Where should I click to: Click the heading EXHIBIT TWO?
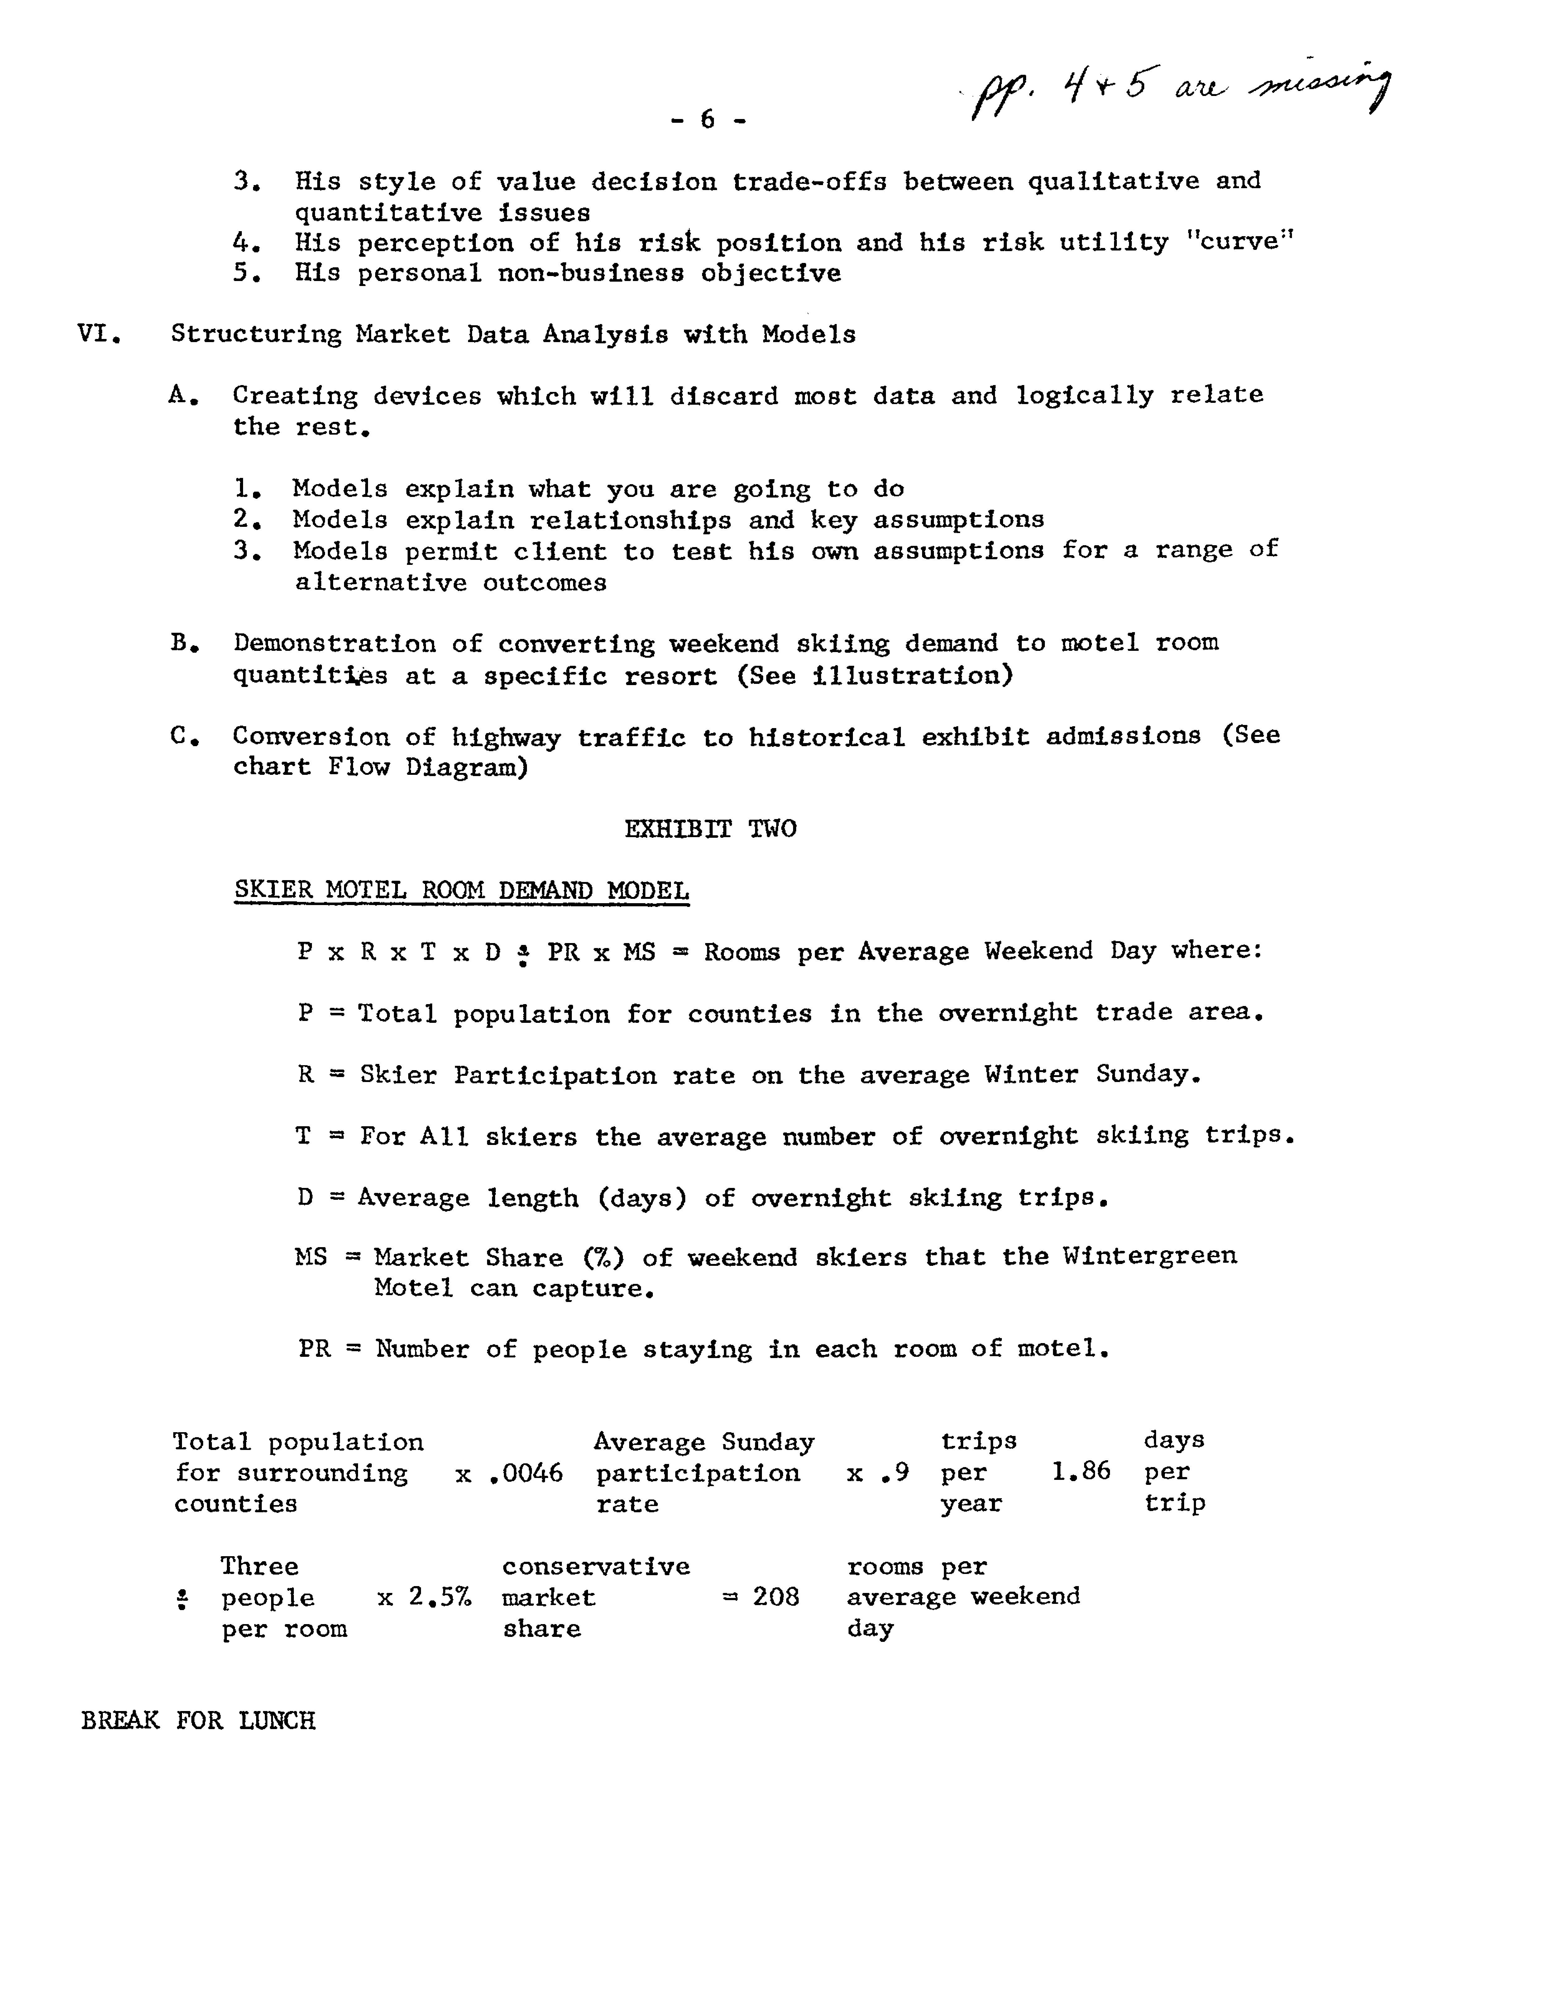click(710, 829)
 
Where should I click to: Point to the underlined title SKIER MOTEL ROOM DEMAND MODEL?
click(462, 889)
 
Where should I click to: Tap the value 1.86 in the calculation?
click(1080, 1471)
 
